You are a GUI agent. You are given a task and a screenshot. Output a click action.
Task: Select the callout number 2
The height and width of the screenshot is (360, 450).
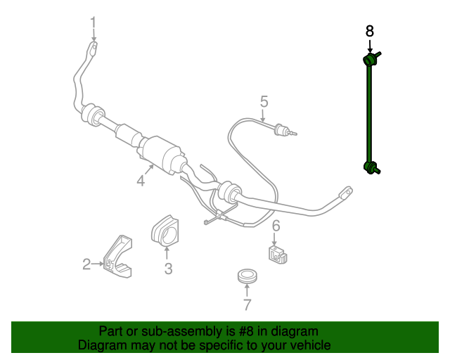86,264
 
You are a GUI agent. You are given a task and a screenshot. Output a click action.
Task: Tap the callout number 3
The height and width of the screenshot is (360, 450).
168,268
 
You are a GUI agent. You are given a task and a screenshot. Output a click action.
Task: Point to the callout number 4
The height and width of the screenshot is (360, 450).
141,181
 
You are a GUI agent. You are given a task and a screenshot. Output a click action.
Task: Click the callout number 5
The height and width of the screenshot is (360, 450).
264,101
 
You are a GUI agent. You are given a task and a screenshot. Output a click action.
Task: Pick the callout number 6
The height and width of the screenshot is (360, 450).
276,225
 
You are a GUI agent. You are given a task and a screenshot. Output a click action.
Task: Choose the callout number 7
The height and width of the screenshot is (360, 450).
247,304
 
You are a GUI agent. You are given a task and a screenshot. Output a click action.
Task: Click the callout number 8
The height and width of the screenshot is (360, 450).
370,31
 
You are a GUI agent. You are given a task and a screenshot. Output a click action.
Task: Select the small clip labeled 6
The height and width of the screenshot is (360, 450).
278,253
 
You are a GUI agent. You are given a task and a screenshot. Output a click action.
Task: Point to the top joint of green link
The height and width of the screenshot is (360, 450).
370,59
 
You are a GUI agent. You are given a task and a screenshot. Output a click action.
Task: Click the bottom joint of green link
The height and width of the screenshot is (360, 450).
371,167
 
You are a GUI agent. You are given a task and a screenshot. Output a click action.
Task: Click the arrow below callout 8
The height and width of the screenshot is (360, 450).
370,46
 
